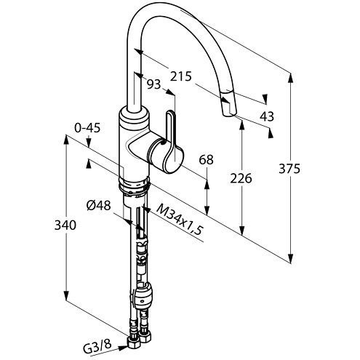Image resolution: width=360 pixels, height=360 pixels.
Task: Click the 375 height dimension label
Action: point(289,169)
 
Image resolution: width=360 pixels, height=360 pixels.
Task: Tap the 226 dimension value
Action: point(241,179)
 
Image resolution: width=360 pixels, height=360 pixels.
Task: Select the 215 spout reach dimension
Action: point(181,76)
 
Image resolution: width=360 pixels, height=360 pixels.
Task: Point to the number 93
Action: point(154,84)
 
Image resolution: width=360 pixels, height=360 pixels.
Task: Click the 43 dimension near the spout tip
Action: point(267,116)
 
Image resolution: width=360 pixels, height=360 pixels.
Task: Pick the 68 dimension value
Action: point(206,160)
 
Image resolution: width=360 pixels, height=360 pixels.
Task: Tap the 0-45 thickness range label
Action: point(87,128)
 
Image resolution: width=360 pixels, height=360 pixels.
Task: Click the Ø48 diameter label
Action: point(98,206)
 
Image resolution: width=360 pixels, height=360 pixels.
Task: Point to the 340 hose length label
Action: point(65,225)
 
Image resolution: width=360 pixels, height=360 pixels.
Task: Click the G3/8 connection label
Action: point(97,344)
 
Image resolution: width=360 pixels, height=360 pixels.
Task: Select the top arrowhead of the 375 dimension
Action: point(291,79)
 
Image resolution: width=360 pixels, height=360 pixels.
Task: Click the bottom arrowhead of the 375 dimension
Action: point(291,257)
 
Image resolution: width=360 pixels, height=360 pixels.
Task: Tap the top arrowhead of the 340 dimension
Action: point(66,140)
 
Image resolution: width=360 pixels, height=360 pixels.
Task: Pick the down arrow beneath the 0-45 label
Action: point(89,143)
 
